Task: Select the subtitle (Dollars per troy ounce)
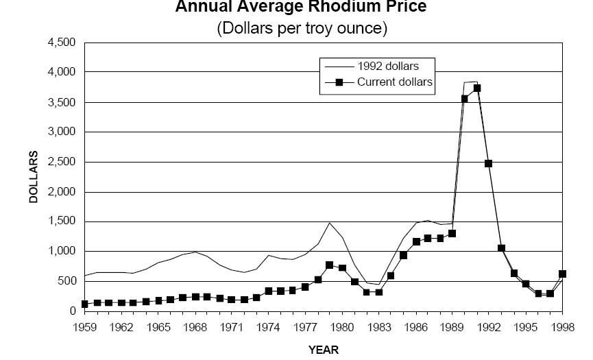pos(302,29)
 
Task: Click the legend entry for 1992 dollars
pos(387,67)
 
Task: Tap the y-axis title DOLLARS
pos(33,177)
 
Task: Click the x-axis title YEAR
pos(324,350)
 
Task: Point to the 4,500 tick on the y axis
pos(61,43)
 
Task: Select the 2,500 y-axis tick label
pos(61,162)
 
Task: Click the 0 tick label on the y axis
pos(71,311)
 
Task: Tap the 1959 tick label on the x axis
pos(84,327)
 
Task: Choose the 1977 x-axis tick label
pos(306,327)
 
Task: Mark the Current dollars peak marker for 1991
pos(477,88)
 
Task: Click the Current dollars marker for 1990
pos(465,99)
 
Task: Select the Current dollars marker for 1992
pos(489,163)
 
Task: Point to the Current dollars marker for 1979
pos(330,265)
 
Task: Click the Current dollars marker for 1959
pos(84,304)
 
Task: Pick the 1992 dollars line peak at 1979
pos(330,223)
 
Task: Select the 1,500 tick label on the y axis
pos(61,221)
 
